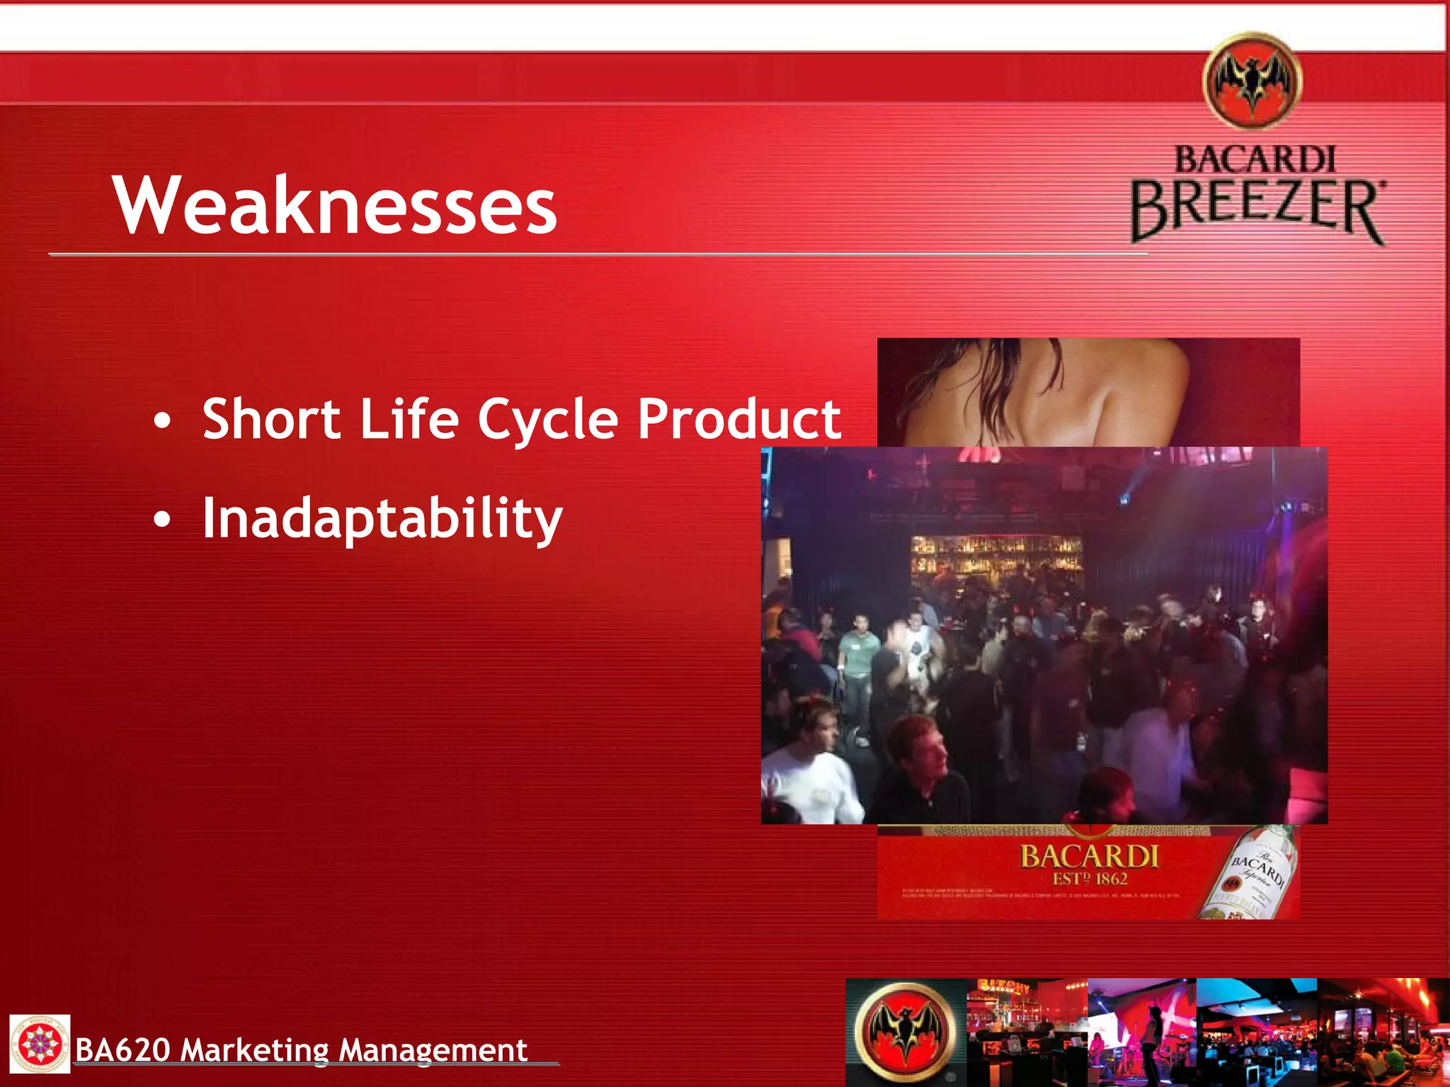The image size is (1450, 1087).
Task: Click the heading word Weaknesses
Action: pos(335,205)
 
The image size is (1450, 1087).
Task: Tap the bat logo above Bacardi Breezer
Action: pos(1252,81)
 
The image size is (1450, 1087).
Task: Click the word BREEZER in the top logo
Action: pos(1257,208)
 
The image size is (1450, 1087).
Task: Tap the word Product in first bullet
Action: pos(739,418)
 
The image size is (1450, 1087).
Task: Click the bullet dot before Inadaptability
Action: pos(162,521)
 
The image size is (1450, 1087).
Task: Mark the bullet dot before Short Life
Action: pos(162,421)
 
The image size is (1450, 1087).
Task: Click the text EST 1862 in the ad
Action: pos(1090,879)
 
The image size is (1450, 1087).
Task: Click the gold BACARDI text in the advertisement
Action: pos(1089,856)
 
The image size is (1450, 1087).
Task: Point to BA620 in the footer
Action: pos(122,1050)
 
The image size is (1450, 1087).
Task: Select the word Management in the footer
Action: pos(433,1050)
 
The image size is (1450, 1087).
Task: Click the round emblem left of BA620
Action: pos(40,1044)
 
